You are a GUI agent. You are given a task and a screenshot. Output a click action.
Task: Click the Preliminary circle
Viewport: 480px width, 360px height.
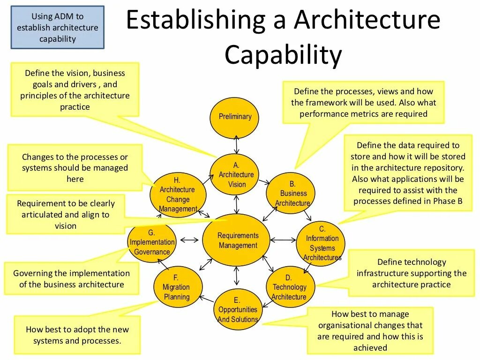coord(235,117)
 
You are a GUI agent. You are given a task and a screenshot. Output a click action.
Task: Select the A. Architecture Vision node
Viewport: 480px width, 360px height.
coord(237,174)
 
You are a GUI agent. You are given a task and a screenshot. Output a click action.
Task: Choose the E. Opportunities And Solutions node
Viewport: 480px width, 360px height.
coord(238,309)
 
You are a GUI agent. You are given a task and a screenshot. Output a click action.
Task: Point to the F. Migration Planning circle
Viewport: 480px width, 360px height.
coord(176,287)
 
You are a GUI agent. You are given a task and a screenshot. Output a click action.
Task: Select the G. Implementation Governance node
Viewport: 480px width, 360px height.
coord(151,242)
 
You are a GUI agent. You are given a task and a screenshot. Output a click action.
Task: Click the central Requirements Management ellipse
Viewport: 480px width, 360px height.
coord(238,240)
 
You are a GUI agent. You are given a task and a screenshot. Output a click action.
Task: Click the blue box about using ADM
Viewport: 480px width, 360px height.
coord(58,28)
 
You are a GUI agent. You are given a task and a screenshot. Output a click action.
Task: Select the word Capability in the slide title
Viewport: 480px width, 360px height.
coord(283,55)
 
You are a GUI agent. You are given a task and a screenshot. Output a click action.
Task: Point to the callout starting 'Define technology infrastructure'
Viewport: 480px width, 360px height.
coord(411,273)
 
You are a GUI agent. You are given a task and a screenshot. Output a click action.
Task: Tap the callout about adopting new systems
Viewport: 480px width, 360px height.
coord(77,335)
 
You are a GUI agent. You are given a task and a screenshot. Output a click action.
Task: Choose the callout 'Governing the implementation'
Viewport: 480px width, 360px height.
coord(72,279)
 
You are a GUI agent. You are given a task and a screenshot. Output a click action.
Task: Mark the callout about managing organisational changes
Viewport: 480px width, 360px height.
coord(370,330)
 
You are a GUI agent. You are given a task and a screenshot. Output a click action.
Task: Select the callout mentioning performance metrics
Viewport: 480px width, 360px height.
coord(363,103)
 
